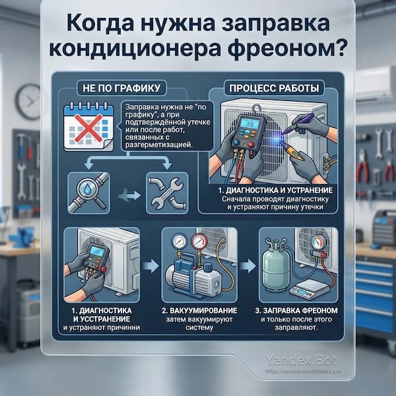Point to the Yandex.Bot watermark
(308, 360)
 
